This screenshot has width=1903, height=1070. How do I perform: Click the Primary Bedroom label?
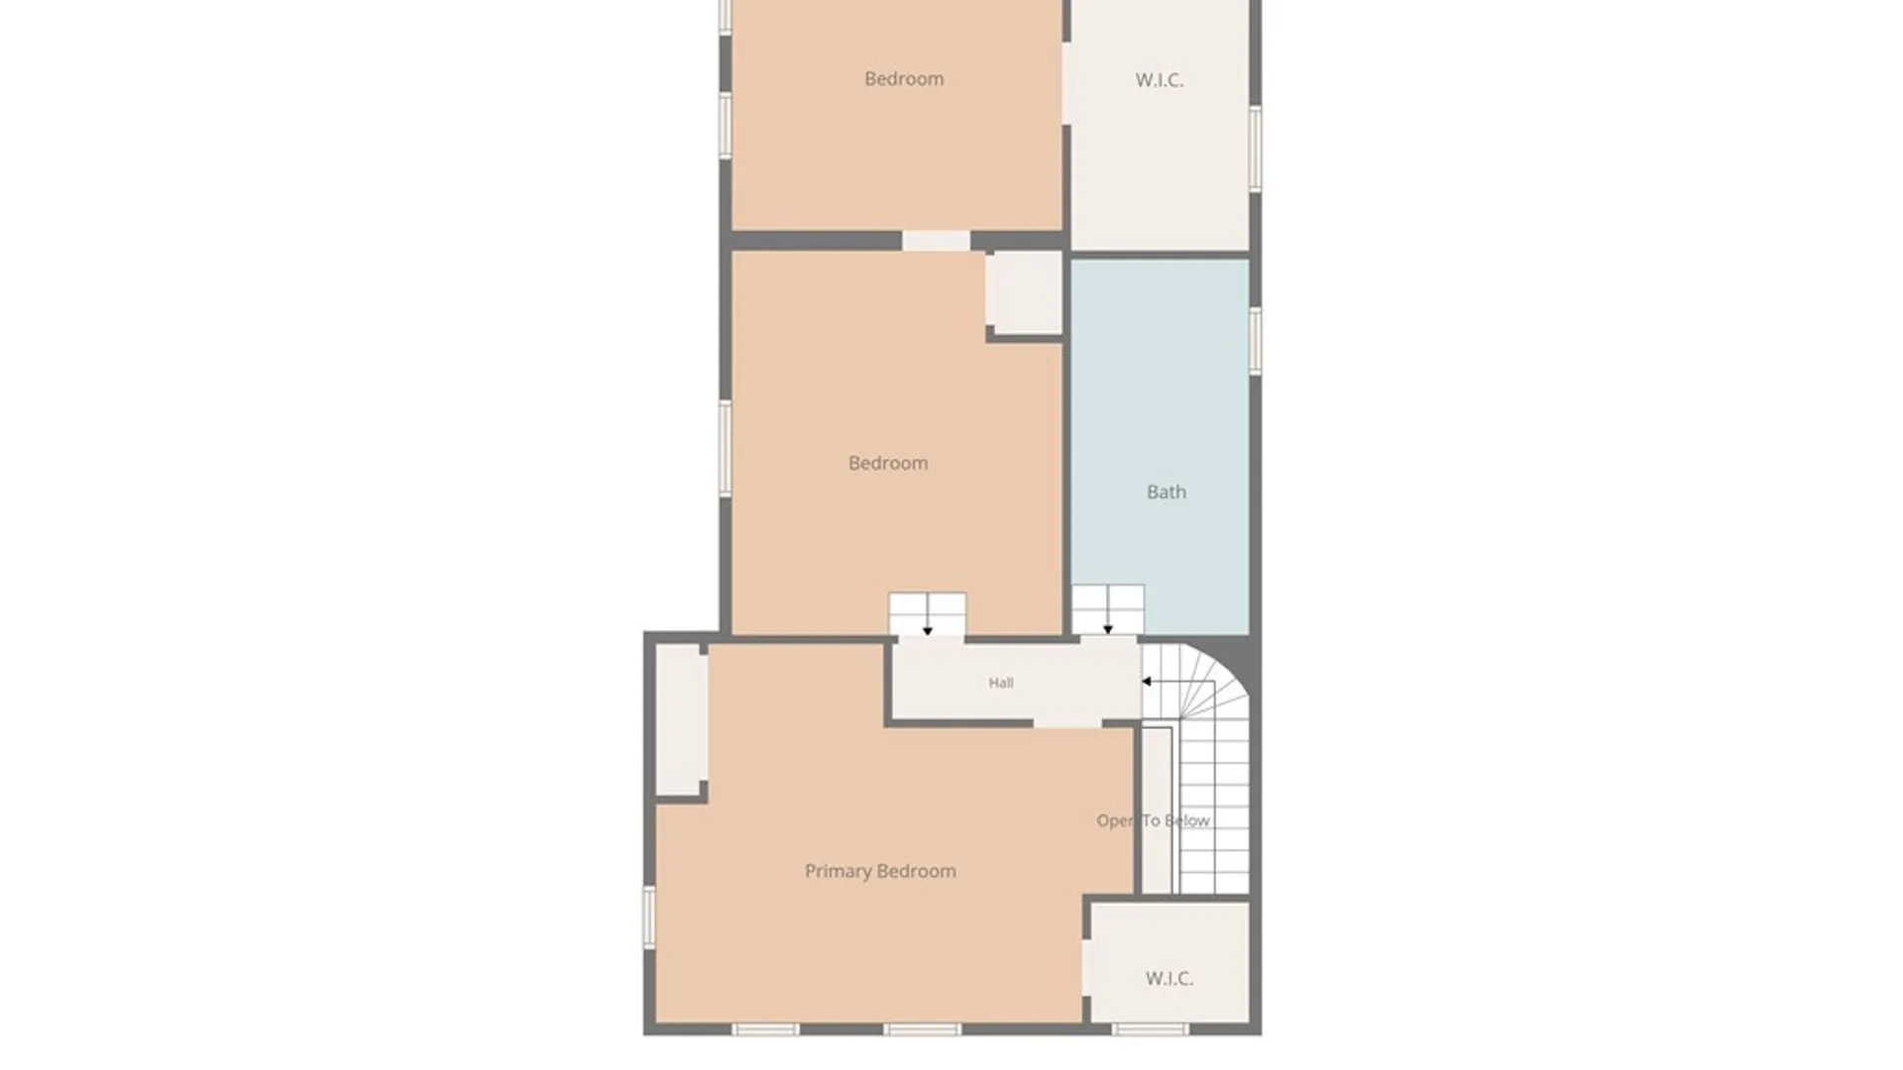coord(880,871)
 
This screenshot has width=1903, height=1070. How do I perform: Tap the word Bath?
coord(1167,491)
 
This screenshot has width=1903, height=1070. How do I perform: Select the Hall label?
coord(1001,683)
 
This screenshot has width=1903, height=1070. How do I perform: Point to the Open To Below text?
coord(1153,820)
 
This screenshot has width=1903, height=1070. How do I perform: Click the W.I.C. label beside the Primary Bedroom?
coord(1170,978)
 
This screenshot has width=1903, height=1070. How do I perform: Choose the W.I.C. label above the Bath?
coord(1160,80)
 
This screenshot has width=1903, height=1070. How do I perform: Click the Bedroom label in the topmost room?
coord(904,78)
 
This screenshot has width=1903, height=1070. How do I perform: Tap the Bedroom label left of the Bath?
coord(888,463)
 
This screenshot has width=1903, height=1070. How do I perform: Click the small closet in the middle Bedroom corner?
coord(1024,292)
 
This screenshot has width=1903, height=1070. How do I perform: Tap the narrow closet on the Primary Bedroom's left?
coord(681,718)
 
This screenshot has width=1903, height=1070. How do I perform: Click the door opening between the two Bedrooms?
coord(936,241)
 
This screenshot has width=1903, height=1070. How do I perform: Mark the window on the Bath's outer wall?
coord(1255,341)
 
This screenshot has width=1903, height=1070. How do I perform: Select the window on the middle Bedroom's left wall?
coord(726,449)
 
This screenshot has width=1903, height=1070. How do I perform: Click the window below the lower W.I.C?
coord(1150,1029)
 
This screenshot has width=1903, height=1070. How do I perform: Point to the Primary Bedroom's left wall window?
coord(649,917)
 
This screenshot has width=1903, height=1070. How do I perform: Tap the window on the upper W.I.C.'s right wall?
coord(1255,149)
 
